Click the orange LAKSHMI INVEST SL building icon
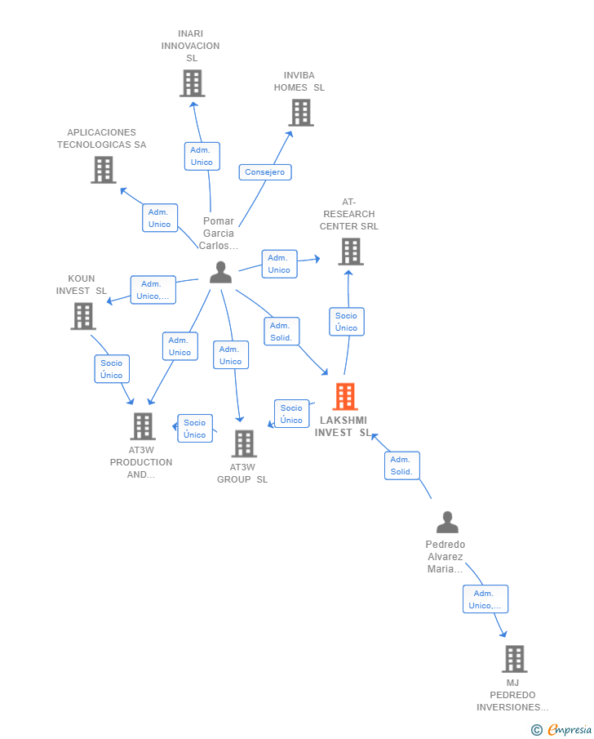pos(345,397)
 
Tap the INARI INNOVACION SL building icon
pos(192,83)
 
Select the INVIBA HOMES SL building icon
pos(301,113)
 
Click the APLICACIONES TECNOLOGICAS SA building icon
pos(103,170)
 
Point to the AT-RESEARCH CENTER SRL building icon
pos(350,252)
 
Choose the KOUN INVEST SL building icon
pos(83,316)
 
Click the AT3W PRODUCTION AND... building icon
pos(143,426)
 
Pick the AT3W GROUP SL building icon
pos(243,443)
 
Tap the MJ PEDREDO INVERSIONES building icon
pos(514,658)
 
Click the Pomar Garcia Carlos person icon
pos(220,273)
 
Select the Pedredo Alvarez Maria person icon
pos(447,522)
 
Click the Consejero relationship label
pos(265,172)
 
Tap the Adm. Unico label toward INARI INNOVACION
pos(202,156)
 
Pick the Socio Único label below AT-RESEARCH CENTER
pos(347,322)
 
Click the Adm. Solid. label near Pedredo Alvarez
pos(401,465)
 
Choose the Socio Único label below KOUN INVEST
pos(112,369)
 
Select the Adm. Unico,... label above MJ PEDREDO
pos(485,599)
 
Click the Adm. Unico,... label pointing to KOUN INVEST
pos(153,290)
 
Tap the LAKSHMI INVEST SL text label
pos(342,426)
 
